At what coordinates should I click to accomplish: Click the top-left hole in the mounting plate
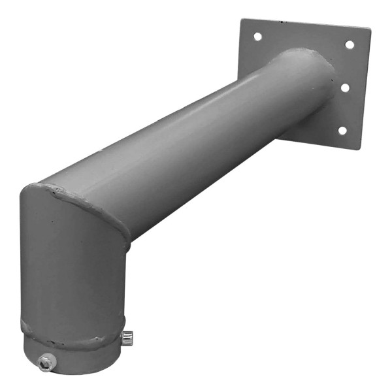click(x=257, y=37)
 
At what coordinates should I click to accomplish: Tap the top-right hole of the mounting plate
click(x=350, y=44)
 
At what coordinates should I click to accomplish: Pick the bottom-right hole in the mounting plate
click(x=342, y=130)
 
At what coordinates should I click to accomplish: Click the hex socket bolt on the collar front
click(x=46, y=362)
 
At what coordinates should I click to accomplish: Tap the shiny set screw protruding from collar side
click(x=128, y=337)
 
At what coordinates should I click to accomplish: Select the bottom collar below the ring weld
click(x=78, y=356)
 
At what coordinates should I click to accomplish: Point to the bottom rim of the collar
click(x=72, y=372)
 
